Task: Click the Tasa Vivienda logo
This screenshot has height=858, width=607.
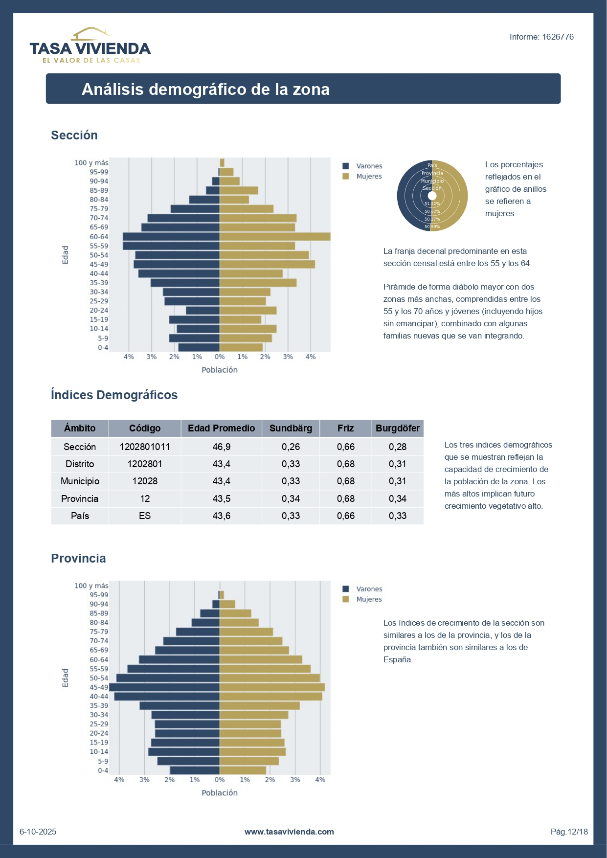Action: [x=90, y=46]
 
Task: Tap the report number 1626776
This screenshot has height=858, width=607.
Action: [x=541, y=37]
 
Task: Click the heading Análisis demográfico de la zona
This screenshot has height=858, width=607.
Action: [x=205, y=89]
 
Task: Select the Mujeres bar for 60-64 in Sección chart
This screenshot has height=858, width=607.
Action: [x=275, y=237]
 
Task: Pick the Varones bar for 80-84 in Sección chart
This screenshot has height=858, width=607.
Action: [x=204, y=200]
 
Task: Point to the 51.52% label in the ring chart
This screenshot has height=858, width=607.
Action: [x=432, y=203]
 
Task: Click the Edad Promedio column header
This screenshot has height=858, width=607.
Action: [x=221, y=428]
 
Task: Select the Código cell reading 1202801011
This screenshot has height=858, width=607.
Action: [x=145, y=447]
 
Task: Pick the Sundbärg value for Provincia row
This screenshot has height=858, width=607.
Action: [x=291, y=498]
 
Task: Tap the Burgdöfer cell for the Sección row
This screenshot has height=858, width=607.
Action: [x=398, y=447]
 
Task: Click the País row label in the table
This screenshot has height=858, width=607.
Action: [x=80, y=516]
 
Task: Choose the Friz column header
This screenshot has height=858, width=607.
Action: [x=345, y=428]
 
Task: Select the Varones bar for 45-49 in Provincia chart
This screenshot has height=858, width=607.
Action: [x=164, y=687]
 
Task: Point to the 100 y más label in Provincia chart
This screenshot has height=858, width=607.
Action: [x=91, y=586]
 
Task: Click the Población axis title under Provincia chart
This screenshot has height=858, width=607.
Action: [x=220, y=792]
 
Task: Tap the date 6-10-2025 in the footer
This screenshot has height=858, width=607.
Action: [x=38, y=832]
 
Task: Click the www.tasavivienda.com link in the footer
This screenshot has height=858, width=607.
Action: [x=289, y=832]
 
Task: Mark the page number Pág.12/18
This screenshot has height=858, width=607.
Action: [x=569, y=832]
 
